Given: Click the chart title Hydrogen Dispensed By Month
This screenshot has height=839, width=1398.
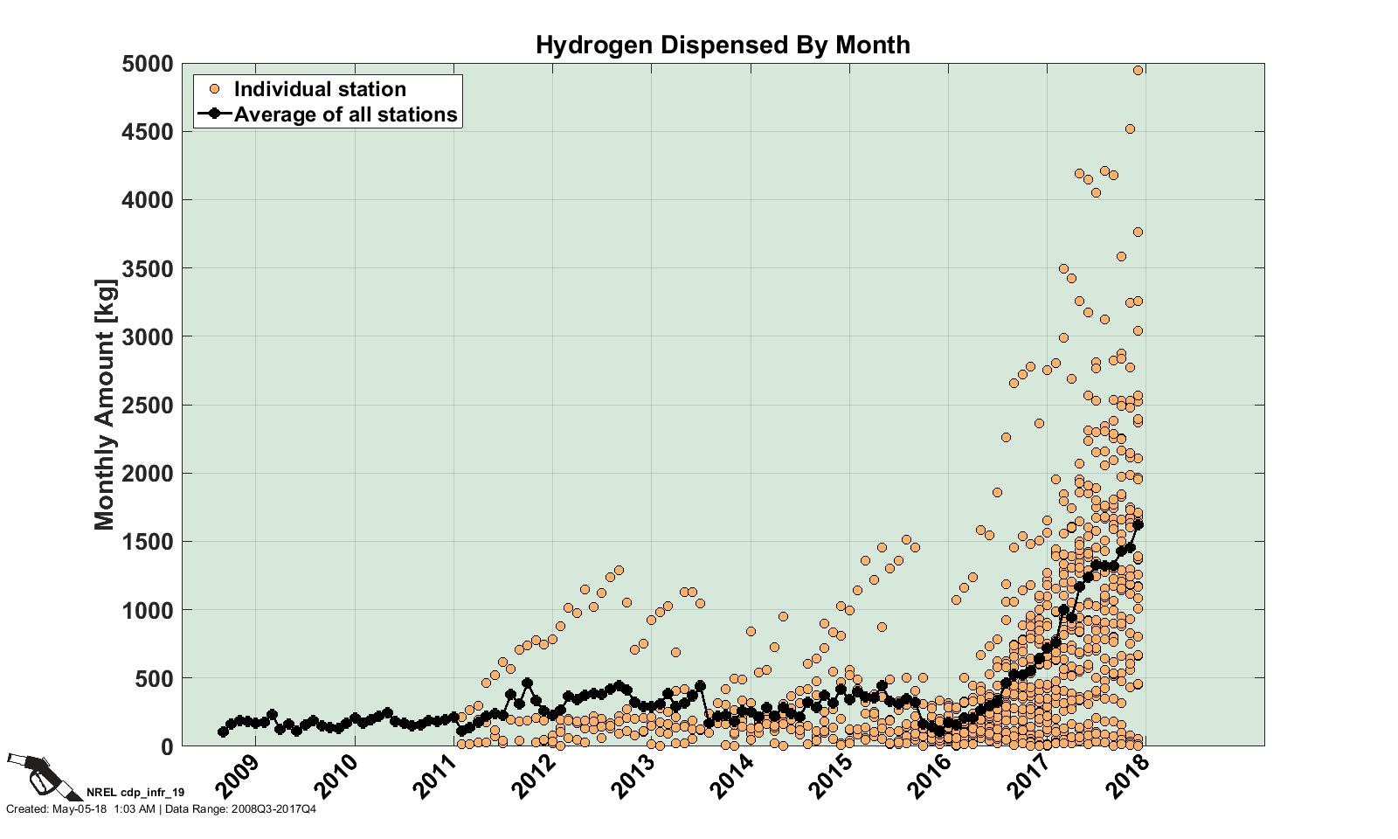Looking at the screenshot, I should (x=723, y=45).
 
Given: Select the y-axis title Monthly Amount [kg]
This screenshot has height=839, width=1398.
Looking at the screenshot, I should (x=105, y=404).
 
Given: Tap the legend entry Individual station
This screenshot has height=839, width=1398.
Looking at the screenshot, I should (x=320, y=89).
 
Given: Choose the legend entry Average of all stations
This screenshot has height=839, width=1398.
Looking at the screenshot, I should (x=345, y=114).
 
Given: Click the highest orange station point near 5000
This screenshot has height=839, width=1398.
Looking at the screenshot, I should (x=1138, y=71).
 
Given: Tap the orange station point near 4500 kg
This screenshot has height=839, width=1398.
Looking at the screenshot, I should (x=1130, y=128).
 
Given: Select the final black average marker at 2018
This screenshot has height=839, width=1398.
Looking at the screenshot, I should (x=1138, y=525).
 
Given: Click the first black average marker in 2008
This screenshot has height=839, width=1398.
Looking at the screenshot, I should (x=223, y=732).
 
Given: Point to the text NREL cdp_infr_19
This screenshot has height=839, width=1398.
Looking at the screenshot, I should (x=135, y=793).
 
